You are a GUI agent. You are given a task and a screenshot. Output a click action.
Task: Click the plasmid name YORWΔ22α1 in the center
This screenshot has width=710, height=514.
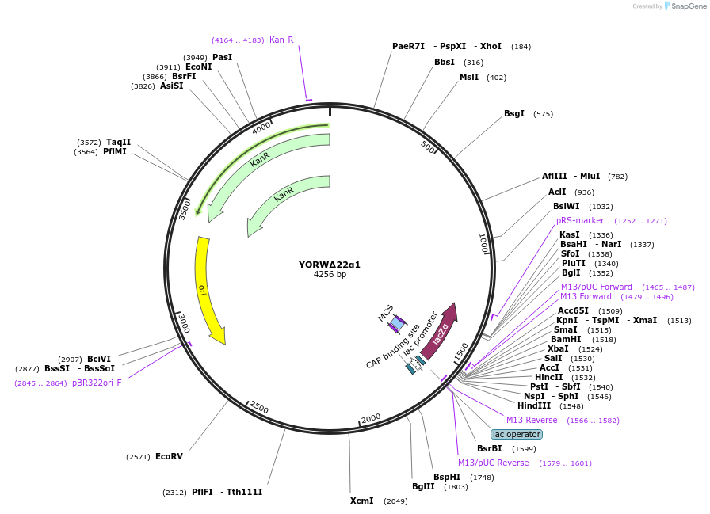coord(330,265)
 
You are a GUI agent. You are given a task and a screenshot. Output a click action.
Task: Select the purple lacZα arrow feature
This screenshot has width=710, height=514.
coord(441,327)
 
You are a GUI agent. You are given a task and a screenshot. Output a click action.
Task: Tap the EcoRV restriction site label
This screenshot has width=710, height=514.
coord(169,456)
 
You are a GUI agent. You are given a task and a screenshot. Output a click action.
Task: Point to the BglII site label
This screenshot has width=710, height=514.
coord(423,486)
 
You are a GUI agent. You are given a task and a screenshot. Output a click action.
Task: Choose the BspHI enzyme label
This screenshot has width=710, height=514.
coord(447,477)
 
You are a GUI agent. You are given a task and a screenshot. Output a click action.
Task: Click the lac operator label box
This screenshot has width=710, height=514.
coord(517,434)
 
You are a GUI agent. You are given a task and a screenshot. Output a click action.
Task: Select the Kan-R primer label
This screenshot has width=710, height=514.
coord(281,40)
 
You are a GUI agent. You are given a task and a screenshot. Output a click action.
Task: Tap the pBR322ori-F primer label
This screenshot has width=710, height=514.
coord(97,383)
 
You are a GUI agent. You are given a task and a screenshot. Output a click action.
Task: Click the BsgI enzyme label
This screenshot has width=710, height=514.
coord(514,113)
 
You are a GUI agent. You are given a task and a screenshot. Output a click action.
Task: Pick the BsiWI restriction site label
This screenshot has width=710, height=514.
coord(567,206)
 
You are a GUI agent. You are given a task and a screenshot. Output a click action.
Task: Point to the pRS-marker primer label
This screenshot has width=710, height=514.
coord(580,220)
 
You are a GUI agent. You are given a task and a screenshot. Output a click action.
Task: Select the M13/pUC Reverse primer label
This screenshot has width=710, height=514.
coord(493,463)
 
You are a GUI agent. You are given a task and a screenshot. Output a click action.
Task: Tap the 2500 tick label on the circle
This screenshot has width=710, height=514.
coord(259,407)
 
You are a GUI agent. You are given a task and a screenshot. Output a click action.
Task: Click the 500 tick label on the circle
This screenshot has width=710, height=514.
coord(428,147)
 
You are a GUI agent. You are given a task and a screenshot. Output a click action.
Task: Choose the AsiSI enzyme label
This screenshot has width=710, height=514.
coord(171,86)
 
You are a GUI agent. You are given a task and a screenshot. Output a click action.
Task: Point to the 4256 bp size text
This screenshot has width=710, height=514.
coord(330,275)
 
